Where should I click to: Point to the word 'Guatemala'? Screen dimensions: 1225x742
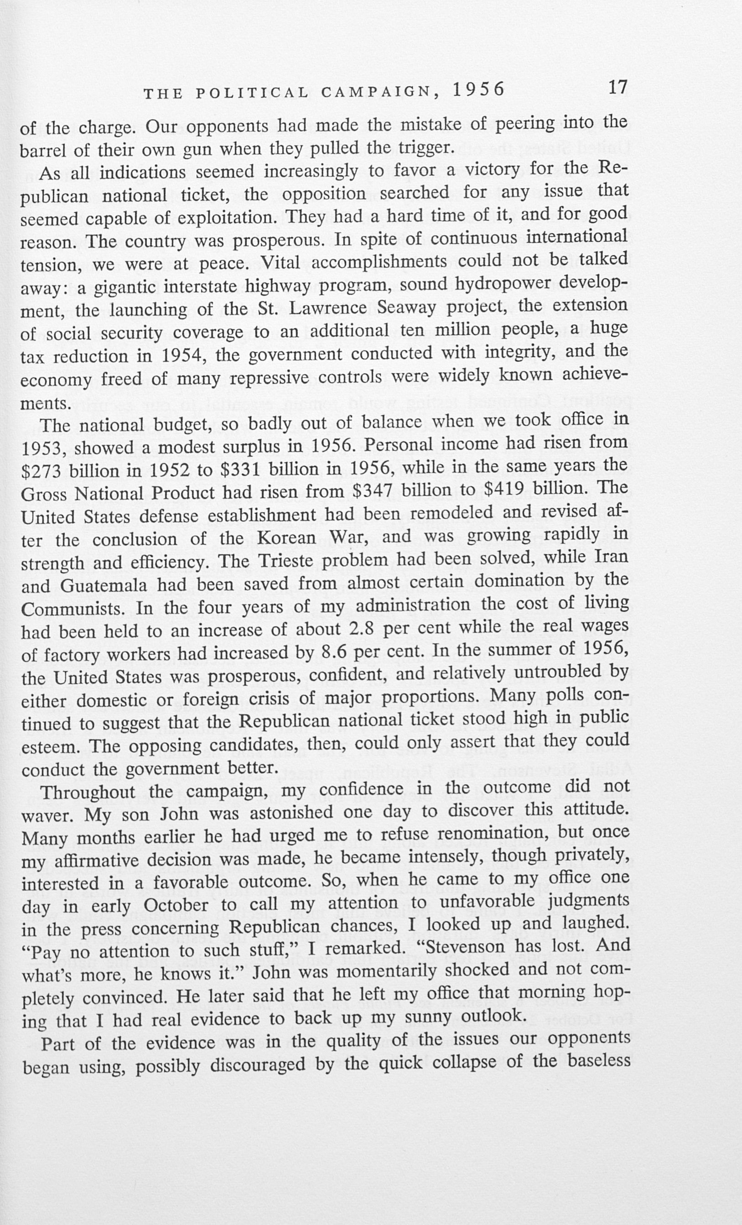pyautogui.click(x=104, y=585)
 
